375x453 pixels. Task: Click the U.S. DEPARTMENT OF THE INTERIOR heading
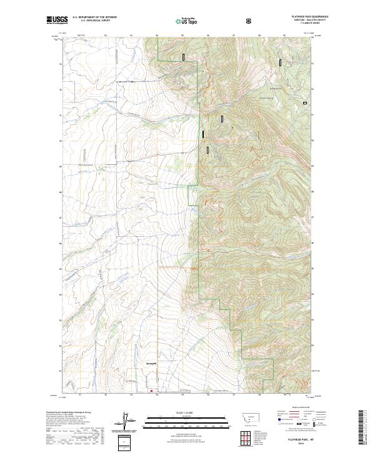[x=94, y=17]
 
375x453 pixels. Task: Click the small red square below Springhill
[x=151, y=391]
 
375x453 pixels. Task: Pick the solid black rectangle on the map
[x=202, y=133]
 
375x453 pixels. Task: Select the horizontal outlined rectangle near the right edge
[x=305, y=102]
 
